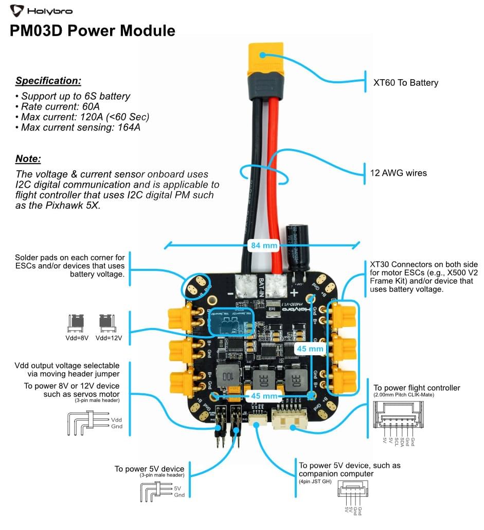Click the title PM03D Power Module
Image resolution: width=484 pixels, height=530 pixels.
tap(93, 31)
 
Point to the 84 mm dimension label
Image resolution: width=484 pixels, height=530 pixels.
tap(263, 245)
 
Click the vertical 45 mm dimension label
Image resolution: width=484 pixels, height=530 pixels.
tap(310, 349)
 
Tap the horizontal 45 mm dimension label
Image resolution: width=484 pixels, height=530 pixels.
tap(263, 396)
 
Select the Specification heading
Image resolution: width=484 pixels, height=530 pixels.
tap(48, 81)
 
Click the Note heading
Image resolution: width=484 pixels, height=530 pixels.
tap(28, 159)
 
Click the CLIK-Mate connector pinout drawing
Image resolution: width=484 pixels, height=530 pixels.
tap(399, 416)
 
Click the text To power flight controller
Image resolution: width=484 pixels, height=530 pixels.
tap(417, 388)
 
